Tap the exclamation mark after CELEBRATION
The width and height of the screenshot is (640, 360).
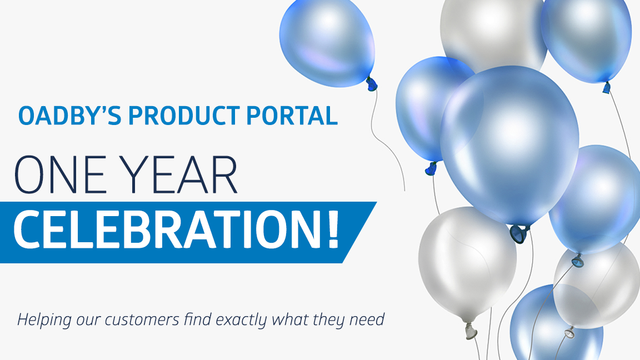tap(333, 231)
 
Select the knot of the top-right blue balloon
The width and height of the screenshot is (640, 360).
tap(607, 87)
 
